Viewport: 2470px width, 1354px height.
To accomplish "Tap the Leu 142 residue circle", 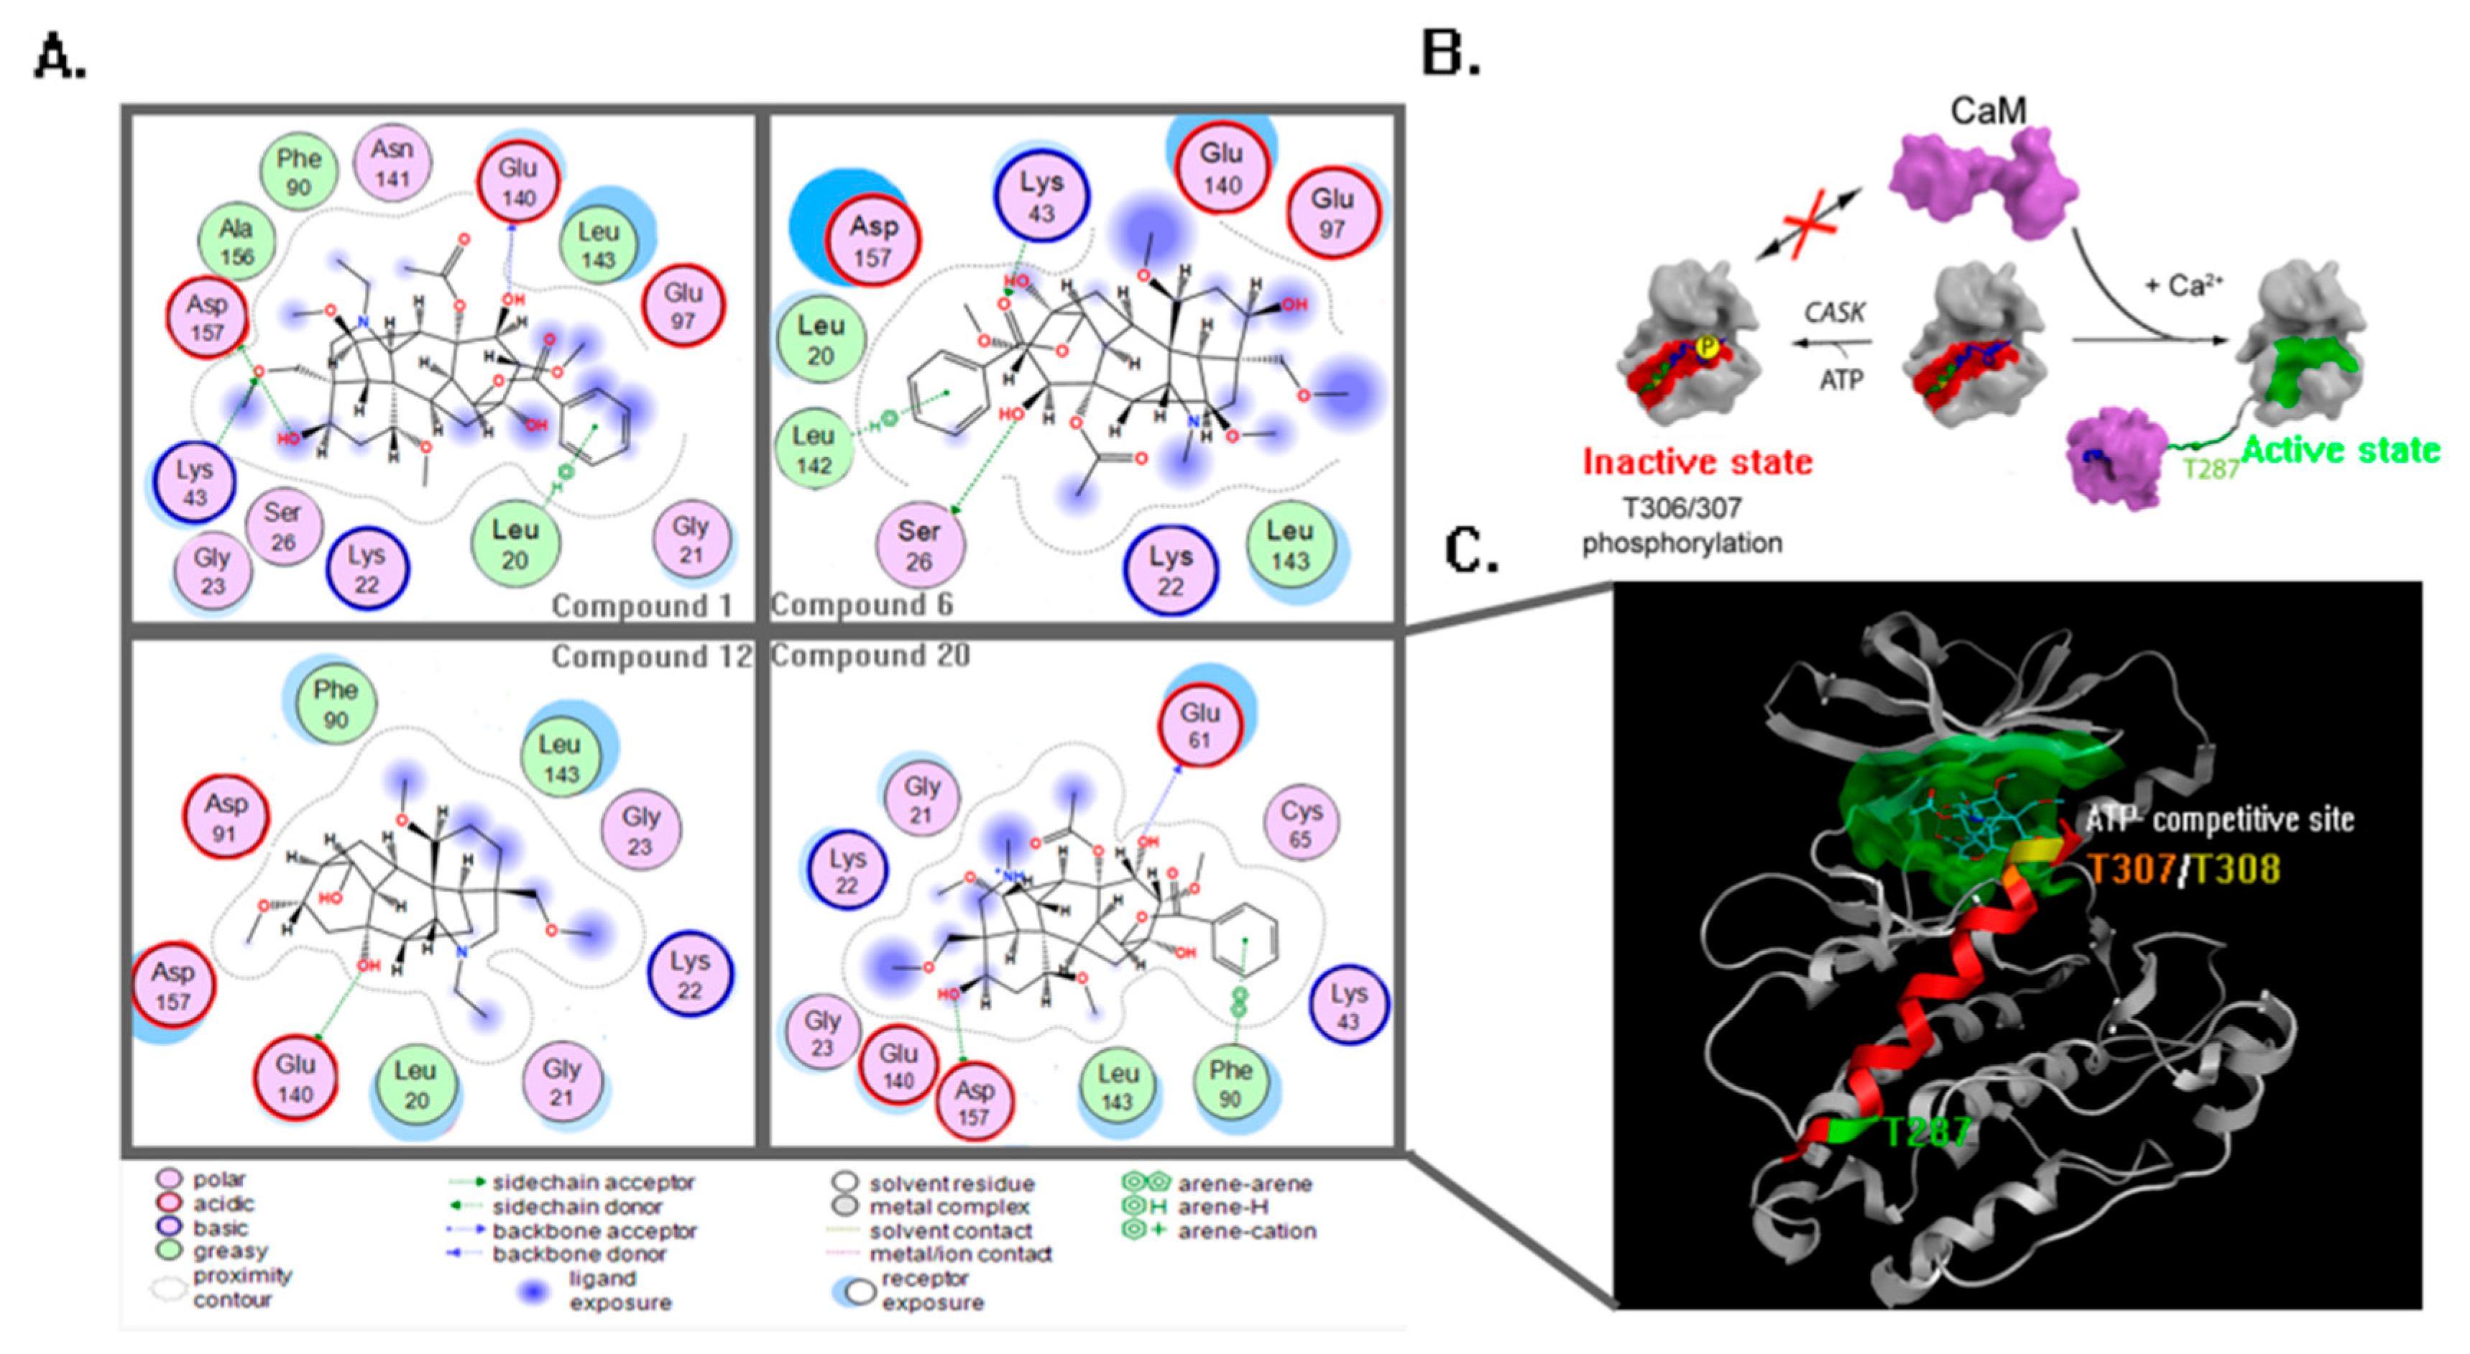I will click(x=813, y=450).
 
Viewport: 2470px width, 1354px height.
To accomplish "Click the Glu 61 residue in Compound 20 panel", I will click(x=1199, y=726).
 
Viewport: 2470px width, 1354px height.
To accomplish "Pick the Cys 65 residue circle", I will click(x=1301, y=824).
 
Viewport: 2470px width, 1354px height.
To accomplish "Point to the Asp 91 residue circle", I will click(x=226, y=818).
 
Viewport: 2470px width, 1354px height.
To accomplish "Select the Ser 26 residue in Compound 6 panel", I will click(x=918, y=545).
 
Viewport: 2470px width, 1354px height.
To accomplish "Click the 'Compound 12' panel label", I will click(x=651, y=657).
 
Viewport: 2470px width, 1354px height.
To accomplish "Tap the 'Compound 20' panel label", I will click(x=870, y=656).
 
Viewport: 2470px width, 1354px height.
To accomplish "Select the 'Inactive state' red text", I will click(x=1697, y=462).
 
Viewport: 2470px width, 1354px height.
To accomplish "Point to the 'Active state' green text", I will click(x=2341, y=450).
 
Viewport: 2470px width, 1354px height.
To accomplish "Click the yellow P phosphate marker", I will click(x=1706, y=347).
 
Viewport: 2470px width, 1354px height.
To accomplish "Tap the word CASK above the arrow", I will click(x=1834, y=313).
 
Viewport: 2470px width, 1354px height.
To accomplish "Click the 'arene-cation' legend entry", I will click(x=1245, y=1231).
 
